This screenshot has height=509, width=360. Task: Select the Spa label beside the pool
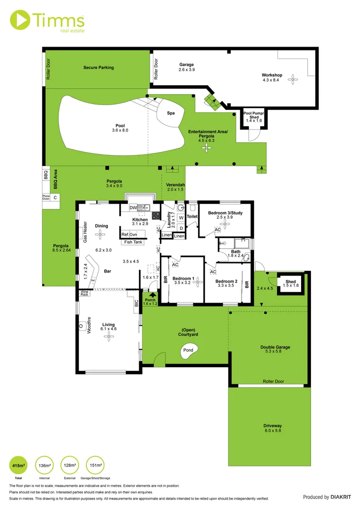coord(171,113)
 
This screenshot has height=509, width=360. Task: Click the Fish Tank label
coord(133,242)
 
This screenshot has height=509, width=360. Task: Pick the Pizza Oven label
coord(46,197)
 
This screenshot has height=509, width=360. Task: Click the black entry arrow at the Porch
coord(152,296)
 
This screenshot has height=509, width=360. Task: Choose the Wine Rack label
coord(84,293)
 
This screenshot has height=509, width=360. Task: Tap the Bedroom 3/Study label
coord(224,213)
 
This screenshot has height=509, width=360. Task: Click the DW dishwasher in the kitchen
coord(133,207)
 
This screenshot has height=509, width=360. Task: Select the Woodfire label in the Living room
coord(89,326)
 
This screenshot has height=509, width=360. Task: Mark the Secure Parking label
coord(98,67)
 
